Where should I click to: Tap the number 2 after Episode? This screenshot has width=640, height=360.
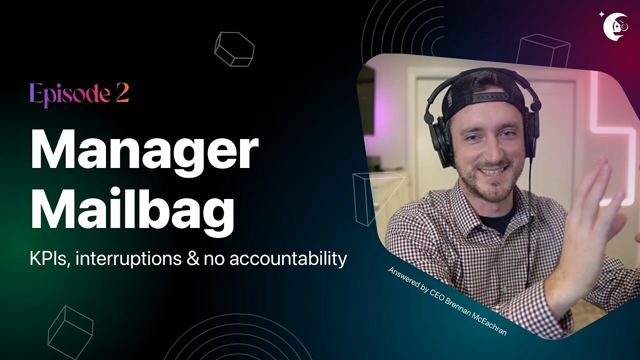[122, 94]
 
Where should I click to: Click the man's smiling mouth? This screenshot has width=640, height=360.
[492, 171]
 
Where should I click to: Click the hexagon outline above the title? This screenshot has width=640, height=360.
[234, 49]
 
